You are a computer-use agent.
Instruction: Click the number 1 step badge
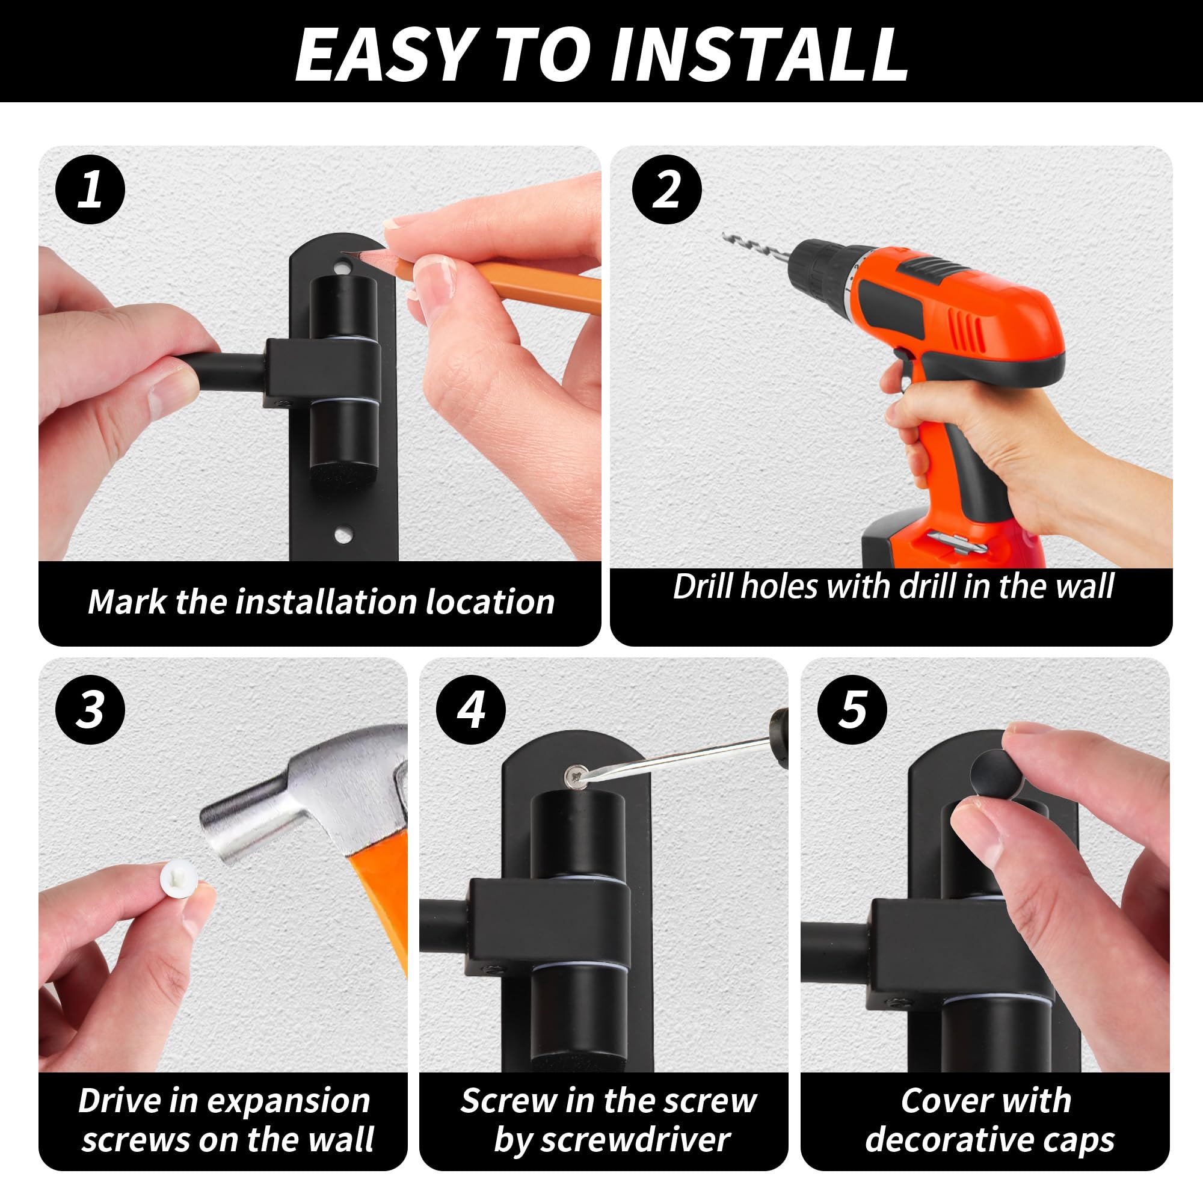pos(90,189)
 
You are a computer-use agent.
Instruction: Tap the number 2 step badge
pos(667,189)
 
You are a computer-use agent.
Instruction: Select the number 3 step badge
pos(90,709)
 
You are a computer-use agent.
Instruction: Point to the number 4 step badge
pos(471,709)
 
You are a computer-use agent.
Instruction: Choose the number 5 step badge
pos(852,709)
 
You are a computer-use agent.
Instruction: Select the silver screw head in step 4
pos(576,777)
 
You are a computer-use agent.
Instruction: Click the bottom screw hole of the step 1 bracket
pos(342,534)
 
